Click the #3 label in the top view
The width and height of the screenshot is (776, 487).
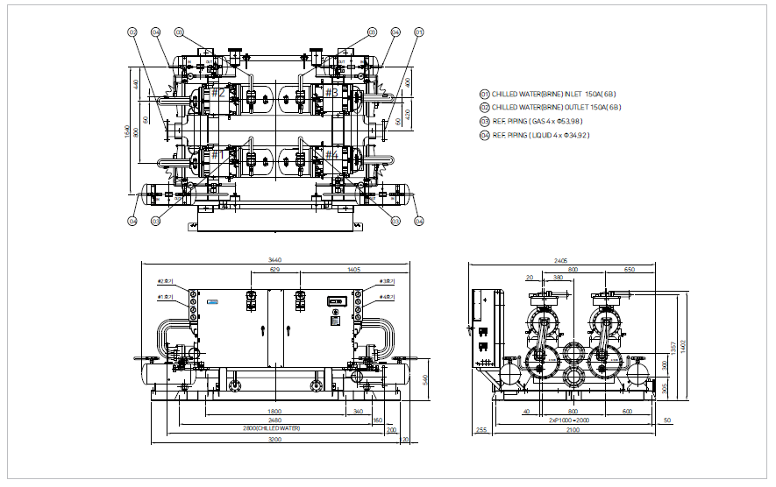(331, 92)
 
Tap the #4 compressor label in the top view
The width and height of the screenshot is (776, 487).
(331, 155)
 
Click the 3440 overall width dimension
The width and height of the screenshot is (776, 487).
(274, 260)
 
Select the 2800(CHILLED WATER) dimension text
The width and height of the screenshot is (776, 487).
(273, 428)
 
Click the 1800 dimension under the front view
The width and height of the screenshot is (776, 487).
(274, 411)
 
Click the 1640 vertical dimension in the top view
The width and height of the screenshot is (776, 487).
(128, 131)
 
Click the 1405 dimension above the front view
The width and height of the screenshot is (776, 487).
(354, 270)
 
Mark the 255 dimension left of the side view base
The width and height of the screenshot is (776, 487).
(481, 430)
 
